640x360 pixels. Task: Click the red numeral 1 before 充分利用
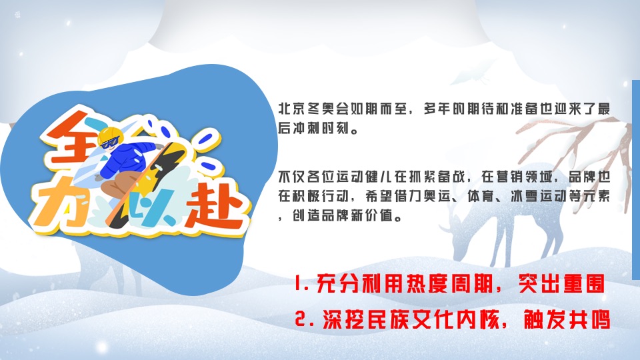click(x=298, y=286)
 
